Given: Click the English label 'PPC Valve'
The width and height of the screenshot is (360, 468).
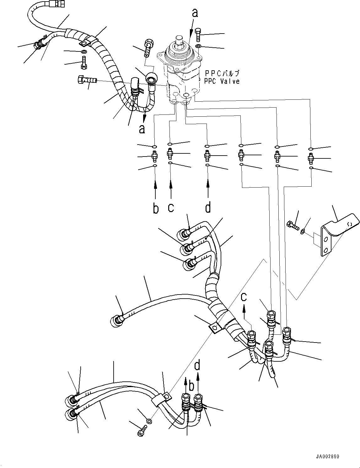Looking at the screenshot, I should click(x=222, y=81).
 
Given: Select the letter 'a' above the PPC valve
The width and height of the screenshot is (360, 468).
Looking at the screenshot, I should click(x=195, y=13).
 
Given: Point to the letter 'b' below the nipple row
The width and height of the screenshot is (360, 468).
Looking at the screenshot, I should click(x=156, y=208).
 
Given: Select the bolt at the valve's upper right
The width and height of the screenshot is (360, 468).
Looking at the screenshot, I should click(x=198, y=35).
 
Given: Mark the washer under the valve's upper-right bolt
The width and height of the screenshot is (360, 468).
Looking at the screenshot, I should click(x=198, y=46).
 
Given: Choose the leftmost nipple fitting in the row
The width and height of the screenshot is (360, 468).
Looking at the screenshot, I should click(x=154, y=155).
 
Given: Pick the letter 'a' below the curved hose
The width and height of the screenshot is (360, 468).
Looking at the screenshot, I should click(x=142, y=129).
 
